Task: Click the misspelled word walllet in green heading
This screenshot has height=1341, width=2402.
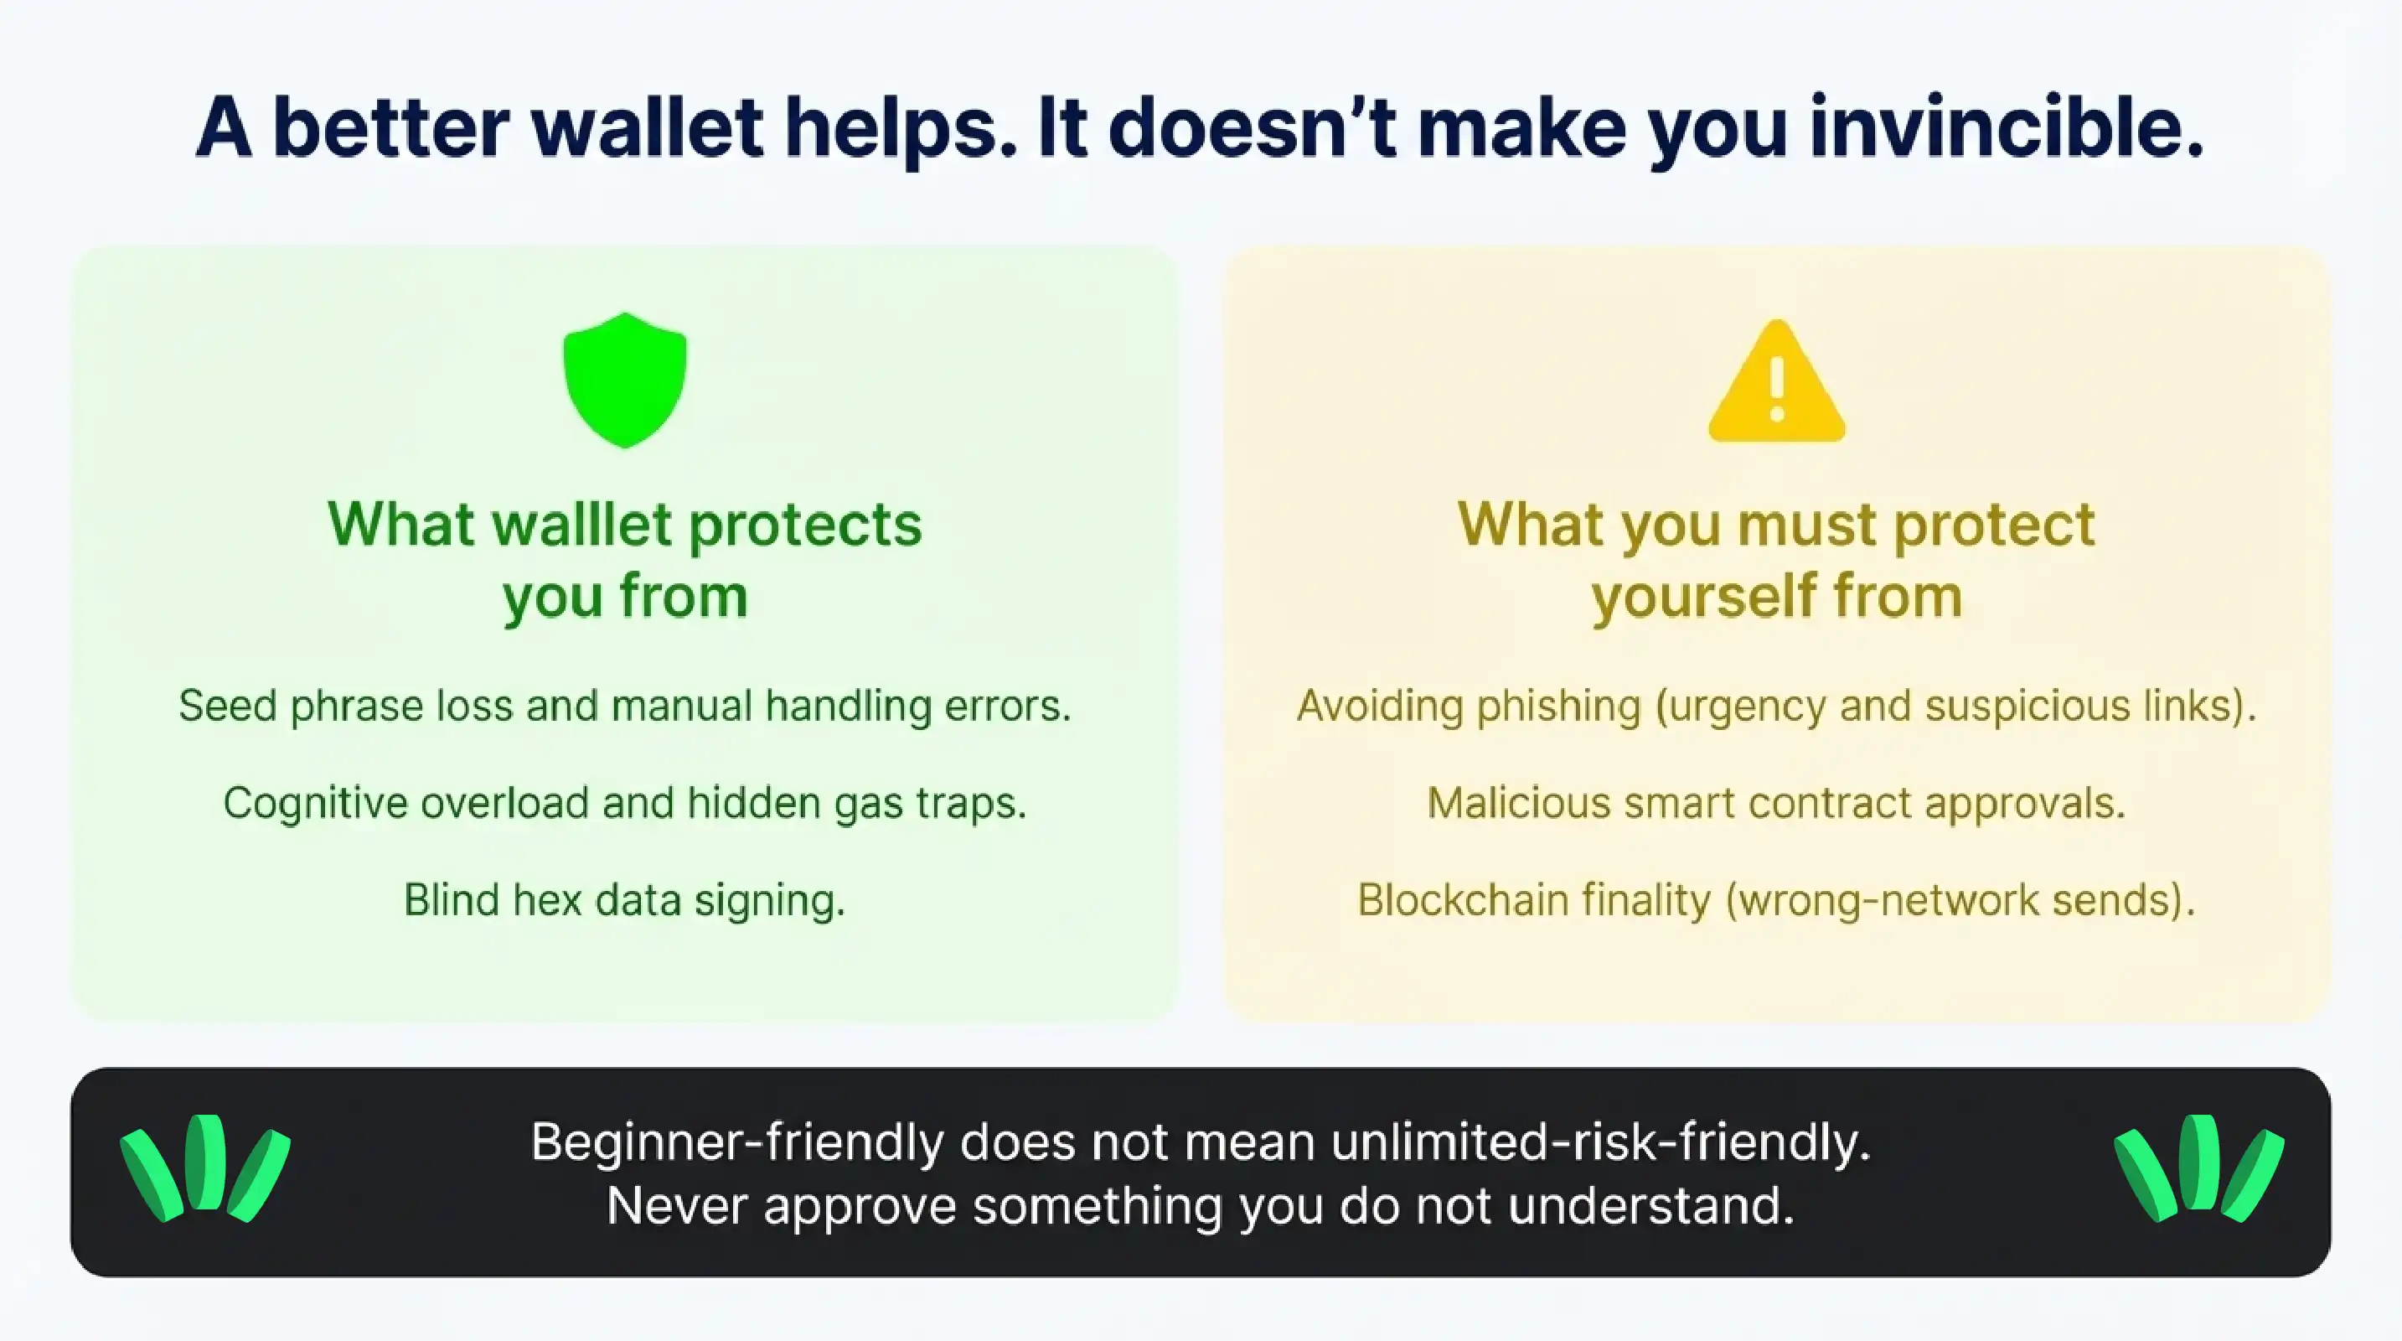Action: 583,524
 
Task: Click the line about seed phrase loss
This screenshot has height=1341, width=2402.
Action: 625,706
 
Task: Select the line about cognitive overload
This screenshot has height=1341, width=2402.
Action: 625,803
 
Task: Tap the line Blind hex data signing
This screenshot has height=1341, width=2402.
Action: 625,901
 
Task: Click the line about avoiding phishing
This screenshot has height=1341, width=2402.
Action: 1776,706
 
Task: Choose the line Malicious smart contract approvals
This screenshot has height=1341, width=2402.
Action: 1776,803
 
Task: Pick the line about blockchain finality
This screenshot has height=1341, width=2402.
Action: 1776,901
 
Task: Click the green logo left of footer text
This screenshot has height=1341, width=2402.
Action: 205,1168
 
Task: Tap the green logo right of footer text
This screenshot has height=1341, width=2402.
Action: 2198,1168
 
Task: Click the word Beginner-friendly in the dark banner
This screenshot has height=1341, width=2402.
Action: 736,1142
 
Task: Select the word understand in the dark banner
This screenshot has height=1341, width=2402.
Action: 1650,1206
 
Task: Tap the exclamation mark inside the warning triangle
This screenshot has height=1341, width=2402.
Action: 1776,390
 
